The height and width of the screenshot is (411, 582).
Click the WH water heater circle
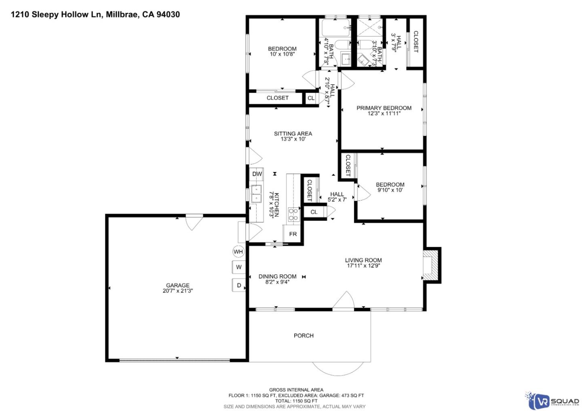click(x=238, y=252)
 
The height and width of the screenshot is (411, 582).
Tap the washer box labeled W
click(x=238, y=267)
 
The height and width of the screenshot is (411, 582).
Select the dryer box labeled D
click(x=238, y=285)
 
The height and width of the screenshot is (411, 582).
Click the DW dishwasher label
click(x=257, y=174)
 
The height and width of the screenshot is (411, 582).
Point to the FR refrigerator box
click(x=293, y=234)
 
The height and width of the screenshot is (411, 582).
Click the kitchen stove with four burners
click(x=293, y=215)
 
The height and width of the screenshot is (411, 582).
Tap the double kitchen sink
click(x=256, y=194)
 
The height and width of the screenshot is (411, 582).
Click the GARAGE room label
click(x=177, y=285)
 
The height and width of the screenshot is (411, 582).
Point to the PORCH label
click(x=304, y=335)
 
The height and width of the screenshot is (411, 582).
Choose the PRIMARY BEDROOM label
click(x=384, y=108)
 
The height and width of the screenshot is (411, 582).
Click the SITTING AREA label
click(x=293, y=134)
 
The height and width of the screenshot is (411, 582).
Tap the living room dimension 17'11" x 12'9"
click(x=363, y=266)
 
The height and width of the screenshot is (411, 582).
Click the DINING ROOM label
click(x=277, y=276)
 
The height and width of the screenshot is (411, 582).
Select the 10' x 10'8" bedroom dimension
click(x=282, y=54)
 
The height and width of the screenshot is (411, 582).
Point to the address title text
click(x=95, y=15)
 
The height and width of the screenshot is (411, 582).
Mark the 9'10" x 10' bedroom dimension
click(x=390, y=190)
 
